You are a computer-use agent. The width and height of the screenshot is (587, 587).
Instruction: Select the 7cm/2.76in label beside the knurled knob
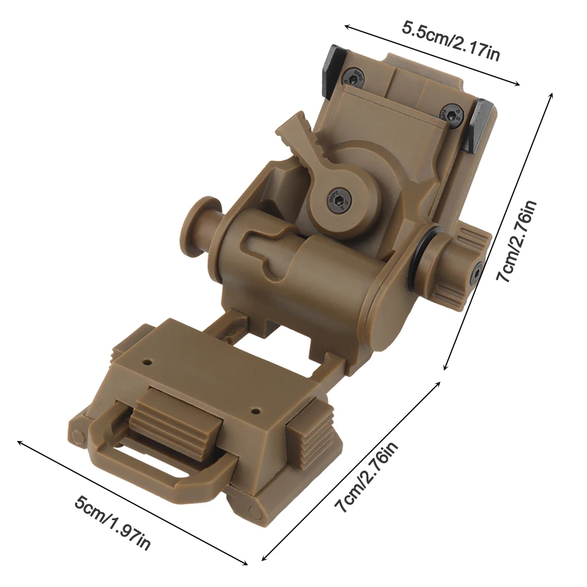pyautogui.click(x=517, y=240)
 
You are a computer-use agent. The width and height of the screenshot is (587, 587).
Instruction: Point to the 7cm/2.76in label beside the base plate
pyautogui.click(x=367, y=477)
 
